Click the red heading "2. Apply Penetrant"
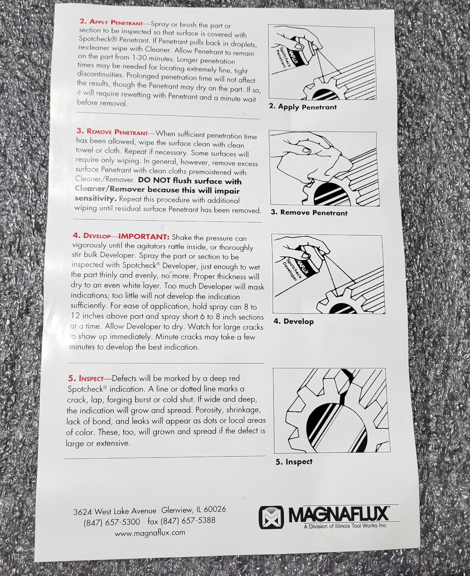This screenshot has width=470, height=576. [x=112, y=22]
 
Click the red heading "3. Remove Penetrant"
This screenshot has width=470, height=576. [x=112, y=132]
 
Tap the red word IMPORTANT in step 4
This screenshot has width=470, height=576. [x=144, y=236]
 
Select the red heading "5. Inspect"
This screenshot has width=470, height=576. [x=86, y=378]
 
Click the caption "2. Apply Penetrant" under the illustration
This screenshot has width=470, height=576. [x=303, y=107]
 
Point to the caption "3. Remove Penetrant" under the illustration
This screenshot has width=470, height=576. [x=309, y=212]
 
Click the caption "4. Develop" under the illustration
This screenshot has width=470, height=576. [x=294, y=321]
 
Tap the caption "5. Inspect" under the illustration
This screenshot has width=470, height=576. [x=294, y=462]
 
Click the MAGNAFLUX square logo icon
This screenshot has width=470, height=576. [x=271, y=517]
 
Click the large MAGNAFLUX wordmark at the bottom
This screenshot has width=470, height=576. [x=339, y=514]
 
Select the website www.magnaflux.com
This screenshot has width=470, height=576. [x=150, y=533]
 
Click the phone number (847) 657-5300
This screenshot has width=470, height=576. [x=112, y=522]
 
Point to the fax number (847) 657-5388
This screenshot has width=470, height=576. [x=181, y=521]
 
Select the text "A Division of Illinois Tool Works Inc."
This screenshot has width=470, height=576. [x=345, y=526]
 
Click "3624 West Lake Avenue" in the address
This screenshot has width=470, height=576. [x=115, y=511]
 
